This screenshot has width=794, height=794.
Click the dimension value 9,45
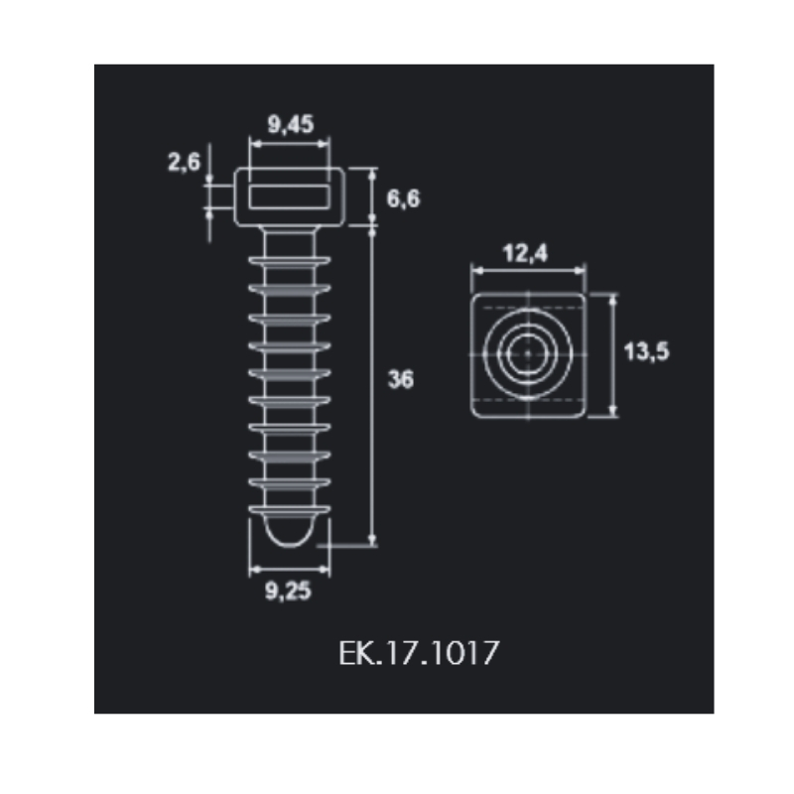pyautogui.click(x=291, y=124)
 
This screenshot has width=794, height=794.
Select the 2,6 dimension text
pyautogui.click(x=184, y=162)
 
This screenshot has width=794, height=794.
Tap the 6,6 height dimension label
pyautogui.click(x=403, y=198)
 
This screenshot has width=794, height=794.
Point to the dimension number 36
pyautogui.click(x=400, y=379)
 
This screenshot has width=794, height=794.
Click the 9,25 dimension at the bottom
pyautogui.click(x=288, y=591)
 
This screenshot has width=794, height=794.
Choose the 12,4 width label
pyautogui.click(x=525, y=253)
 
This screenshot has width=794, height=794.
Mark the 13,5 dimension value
pyautogui.click(x=646, y=351)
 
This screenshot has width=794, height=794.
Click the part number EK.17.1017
pyautogui.click(x=419, y=653)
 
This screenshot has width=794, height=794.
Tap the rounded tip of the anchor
pyautogui.click(x=289, y=532)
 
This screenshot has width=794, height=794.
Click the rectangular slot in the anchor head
pyautogui.click(x=289, y=197)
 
